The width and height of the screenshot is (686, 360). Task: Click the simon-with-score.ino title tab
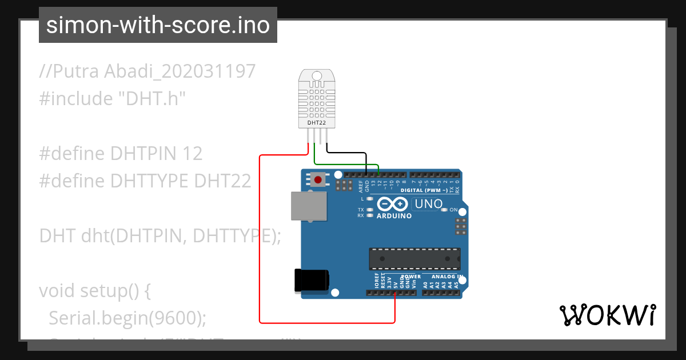(158, 25)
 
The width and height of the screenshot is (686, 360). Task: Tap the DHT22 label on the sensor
(317, 122)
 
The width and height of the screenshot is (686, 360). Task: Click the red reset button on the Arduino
(317, 180)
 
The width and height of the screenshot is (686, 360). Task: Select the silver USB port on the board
(309, 206)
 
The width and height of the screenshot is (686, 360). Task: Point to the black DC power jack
(311, 280)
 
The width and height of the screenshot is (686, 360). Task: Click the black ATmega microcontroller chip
(414, 258)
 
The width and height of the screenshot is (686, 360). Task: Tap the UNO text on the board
(428, 204)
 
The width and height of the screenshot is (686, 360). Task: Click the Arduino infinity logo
(392, 204)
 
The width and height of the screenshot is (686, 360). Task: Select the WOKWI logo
(607, 315)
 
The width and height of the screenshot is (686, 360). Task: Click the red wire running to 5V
(260, 240)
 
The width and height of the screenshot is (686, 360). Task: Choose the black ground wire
(346, 152)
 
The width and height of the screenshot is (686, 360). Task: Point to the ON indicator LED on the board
(444, 210)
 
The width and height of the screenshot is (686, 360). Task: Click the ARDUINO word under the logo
(394, 216)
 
